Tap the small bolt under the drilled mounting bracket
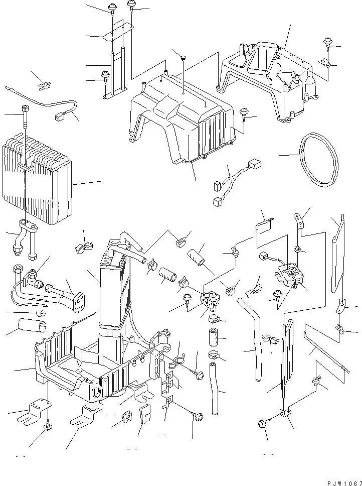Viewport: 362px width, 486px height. click(47, 427)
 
